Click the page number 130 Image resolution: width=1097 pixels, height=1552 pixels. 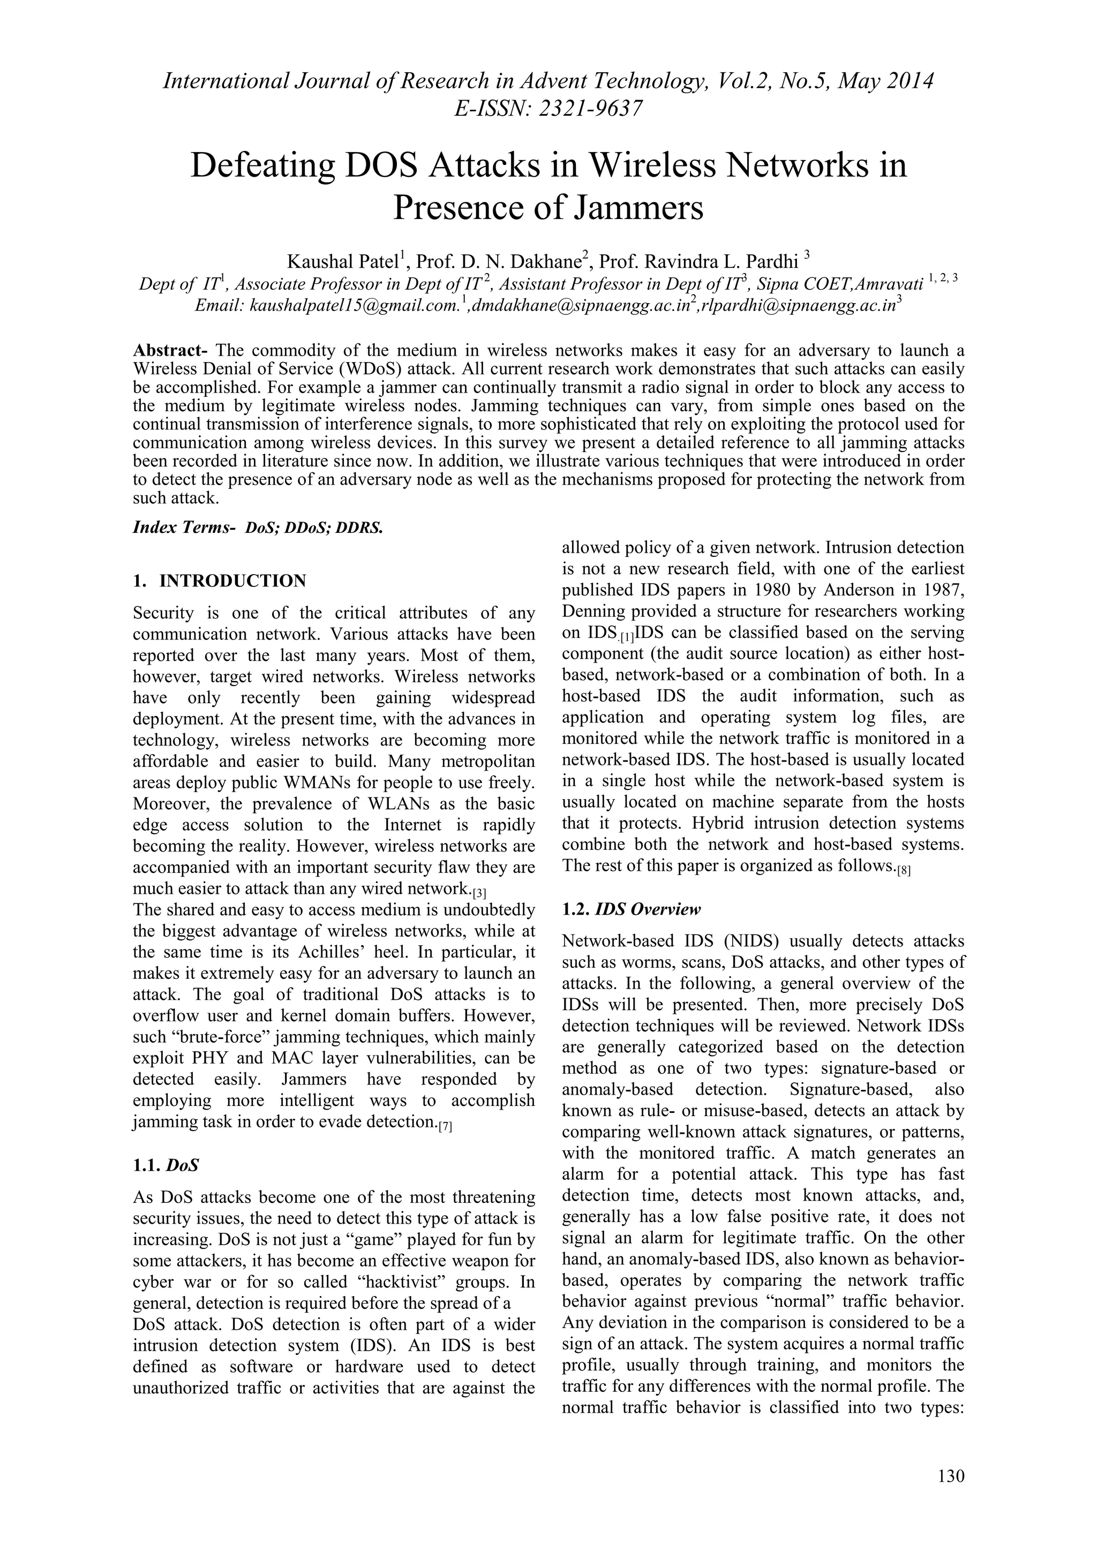click(x=951, y=1475)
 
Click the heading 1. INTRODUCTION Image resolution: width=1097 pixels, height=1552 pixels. click(x=220, y=581)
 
